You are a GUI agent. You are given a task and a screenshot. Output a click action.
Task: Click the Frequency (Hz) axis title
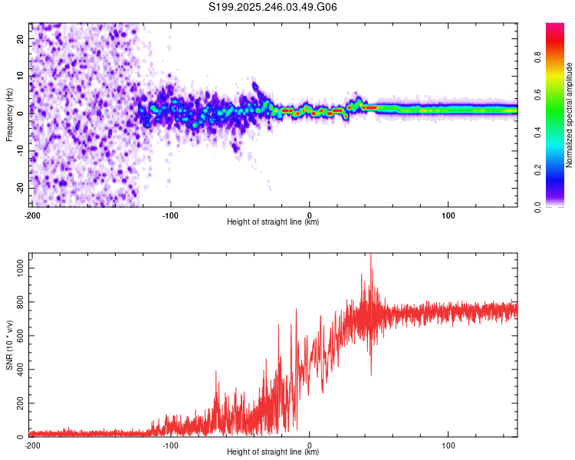pos(10,114)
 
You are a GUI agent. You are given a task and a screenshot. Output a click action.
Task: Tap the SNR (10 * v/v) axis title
pos(10,345)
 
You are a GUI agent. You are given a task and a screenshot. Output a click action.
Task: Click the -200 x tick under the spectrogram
pos(32,214)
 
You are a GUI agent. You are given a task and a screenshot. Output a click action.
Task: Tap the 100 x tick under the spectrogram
pos(448,214)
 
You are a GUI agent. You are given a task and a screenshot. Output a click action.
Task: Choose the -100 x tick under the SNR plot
pos(170,445)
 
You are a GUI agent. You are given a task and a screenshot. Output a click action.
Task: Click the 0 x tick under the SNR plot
pos(310,445)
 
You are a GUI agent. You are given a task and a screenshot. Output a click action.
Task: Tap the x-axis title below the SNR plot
pos(274,452)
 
